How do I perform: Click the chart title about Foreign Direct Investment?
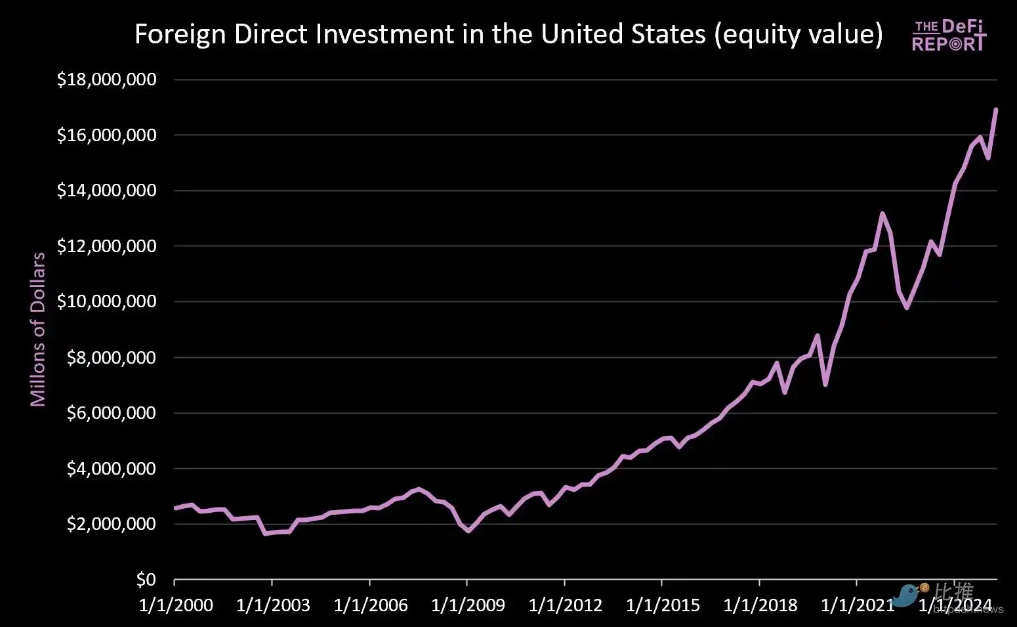coord(508,34)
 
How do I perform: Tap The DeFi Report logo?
coord(948,35)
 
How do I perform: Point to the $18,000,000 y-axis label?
coord(106,79)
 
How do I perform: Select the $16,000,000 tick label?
coord(106,135)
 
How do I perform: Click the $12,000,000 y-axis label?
coord(106,246)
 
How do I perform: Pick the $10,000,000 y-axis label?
coord(106,301)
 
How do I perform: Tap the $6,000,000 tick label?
coord(111,413)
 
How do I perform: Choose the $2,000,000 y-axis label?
coord(111,524)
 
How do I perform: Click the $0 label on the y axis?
coord(146,580)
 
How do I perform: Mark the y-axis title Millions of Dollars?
coord(38,329)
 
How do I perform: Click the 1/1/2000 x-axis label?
coord(176,605)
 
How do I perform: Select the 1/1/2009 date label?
coord(468,605)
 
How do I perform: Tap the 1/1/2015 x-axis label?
coord(663,605)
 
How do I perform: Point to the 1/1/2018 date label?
coord(760,605)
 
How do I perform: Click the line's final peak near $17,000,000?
coord(996,110)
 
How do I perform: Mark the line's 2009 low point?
coord(468,530)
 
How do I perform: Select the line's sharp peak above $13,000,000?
coord(882,213)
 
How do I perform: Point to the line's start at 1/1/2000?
coord(175,508)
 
